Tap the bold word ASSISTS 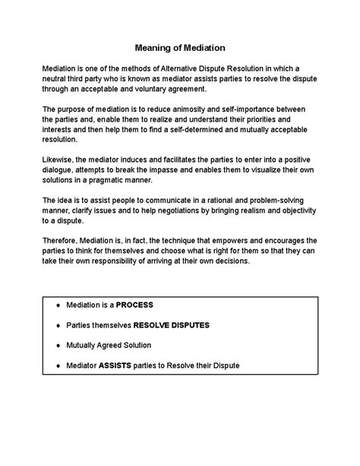[x=120, y=366]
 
